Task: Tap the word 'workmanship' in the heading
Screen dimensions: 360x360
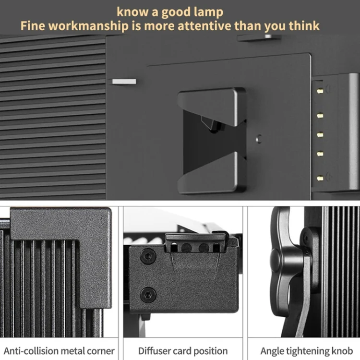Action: [88, 26]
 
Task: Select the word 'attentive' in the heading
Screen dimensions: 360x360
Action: [204, 26]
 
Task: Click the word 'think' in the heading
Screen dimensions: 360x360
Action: [304, 26]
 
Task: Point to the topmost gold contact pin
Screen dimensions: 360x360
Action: [320, 91]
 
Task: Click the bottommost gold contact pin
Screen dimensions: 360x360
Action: [320, 178]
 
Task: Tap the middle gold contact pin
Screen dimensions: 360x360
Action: [320, 134]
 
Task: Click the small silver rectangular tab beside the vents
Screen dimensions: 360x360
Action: [124, 82]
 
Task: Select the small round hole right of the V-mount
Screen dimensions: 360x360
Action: [259, 139]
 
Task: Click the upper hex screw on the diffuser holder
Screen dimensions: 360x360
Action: [148, 256]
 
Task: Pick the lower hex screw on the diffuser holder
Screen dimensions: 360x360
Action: [148, 295]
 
